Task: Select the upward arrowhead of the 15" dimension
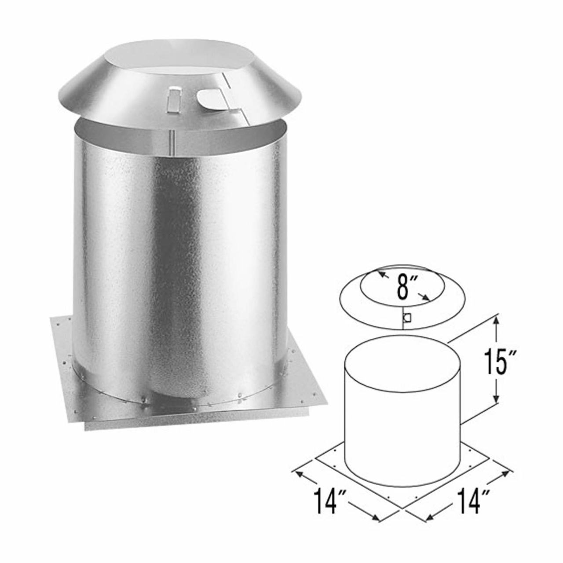pos(496,322)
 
